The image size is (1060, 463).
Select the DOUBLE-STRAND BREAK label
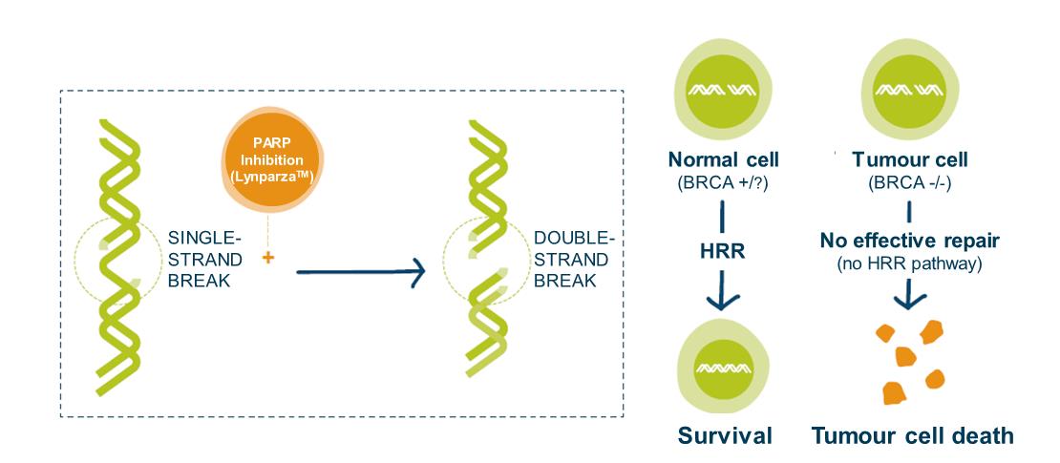(x=572, y=258)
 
